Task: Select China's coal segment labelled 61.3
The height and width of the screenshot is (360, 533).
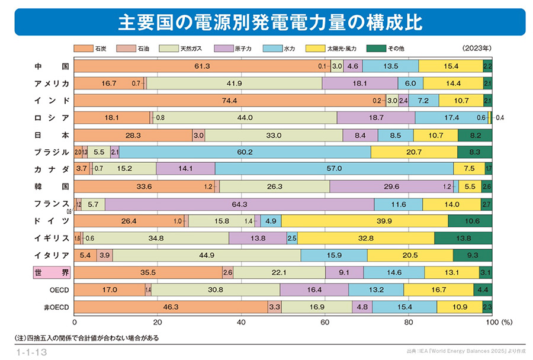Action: click(x=202, y=66)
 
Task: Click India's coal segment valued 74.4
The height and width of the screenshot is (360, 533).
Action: click(x=229, y=101)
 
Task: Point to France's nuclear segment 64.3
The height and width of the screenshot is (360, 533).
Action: click(x=239, y=204)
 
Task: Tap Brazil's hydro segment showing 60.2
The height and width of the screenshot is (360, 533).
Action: click(x=245, y=152)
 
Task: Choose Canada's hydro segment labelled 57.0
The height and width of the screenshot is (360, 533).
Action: click(x=334, y=169)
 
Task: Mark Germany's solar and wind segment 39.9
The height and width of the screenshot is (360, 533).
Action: click(x=364, y=221)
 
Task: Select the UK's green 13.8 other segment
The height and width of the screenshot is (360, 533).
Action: click(x=463, y=239)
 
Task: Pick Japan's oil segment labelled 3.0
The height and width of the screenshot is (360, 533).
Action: click(x=198, y=135)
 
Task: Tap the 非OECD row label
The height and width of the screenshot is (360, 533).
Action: click(x=57, y=307)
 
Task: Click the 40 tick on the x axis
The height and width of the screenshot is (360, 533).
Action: click(x=241, y=323)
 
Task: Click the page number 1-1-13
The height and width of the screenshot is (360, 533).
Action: click(x=32, y=352)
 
